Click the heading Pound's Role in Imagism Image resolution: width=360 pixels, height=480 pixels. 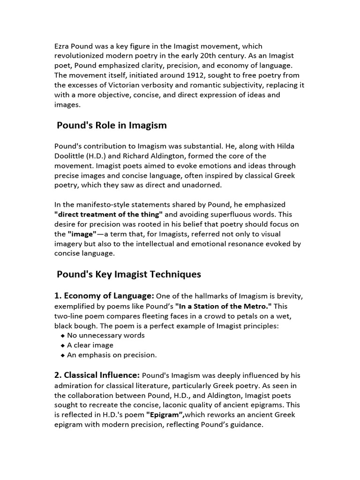tap(112, 125)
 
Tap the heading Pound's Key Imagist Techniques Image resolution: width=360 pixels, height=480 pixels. tap(128, 274)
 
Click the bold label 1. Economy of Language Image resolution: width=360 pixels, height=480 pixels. tap(104, 296)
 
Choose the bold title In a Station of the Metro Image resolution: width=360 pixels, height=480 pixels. tap(224, 306)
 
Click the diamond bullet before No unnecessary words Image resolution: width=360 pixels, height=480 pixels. tap(63, 336)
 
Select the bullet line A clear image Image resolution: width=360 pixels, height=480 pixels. tap(90, 345)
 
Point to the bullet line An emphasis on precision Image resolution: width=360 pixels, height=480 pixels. tap(112, 355)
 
